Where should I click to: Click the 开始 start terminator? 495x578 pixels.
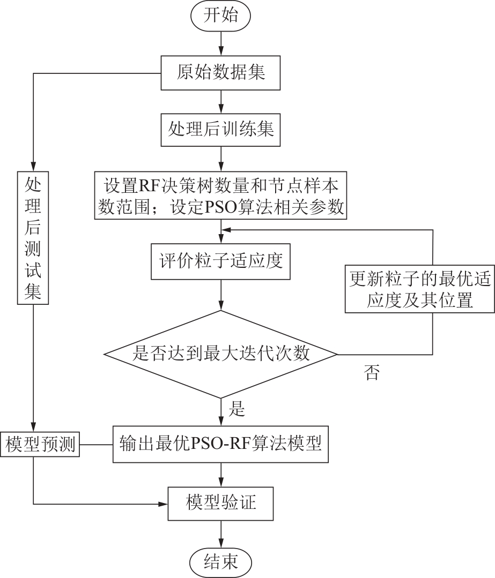(x=221, y=16)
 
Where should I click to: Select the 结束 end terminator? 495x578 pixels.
(x=220, y=562)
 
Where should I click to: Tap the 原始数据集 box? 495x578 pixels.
(x=220, y=73)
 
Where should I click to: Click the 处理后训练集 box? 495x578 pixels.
(x=220, y=130)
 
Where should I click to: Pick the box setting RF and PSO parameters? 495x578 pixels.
(x=220, y=196)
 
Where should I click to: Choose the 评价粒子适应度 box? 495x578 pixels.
(x=220, y=261)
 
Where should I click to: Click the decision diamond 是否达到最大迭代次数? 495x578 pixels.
(x=220, y=354)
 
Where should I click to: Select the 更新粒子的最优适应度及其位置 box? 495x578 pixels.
(x=420, y=289)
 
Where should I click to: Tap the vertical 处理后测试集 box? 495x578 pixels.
(x=33, y=237)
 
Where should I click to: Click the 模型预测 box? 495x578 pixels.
(x=40, y=444)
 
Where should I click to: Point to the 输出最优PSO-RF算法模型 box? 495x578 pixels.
(x=220, y=444)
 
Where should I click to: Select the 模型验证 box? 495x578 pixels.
(x=220, y=504)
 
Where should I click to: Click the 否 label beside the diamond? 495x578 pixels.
(x=372, y=373)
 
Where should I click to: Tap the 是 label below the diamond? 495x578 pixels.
(x=237, y=409)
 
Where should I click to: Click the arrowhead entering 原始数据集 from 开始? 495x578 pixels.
(x=221, y=51)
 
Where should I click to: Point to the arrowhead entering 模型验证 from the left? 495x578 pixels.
(x=163, y=504)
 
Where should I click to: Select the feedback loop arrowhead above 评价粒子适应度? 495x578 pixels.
(x=226, y=230)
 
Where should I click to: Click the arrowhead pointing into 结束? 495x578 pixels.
(x=221, y=543)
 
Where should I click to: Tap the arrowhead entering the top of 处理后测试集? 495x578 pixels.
(x=33, y=166)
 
